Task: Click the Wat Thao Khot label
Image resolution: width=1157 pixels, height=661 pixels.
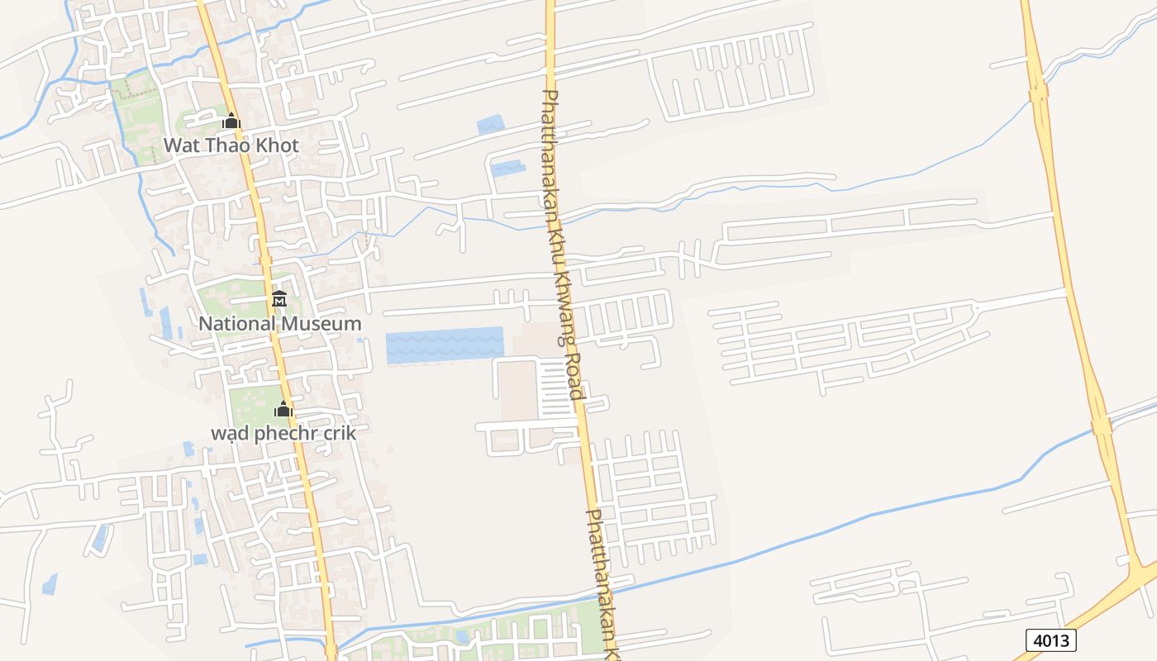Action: pyautogui.click(x=231, y=145)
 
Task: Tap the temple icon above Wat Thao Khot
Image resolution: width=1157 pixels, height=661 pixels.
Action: pyautogui.click(x=231, y=121)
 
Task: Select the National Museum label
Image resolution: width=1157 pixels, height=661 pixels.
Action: pyautogui.click(x=279, y=323)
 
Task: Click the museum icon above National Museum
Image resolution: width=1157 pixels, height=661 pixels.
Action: pyautogui.click(x=279, y=298)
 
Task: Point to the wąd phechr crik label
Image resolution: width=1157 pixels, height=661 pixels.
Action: pyautogui.click(x=283, y=432)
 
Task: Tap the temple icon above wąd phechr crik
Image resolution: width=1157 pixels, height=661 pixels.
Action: pyautogui.click(x=283, y=408)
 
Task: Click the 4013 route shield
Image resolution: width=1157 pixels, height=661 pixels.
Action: pyautogui.click(x=1051, y=640)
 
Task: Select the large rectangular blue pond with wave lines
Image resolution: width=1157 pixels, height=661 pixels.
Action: pyautogui.click(x=445, y=345)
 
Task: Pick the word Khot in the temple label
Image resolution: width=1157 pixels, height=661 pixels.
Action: pyautogui.click(x=277, y=145)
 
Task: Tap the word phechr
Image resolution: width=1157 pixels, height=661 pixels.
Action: pyautogui.click(x=284, y=432)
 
